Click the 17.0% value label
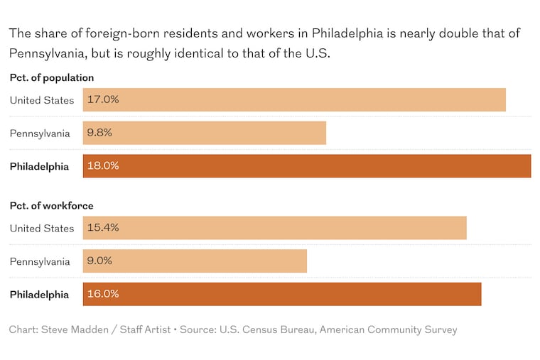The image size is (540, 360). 103,99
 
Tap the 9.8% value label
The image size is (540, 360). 100,133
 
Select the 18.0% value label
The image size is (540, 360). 103,166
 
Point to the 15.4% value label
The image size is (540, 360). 103,228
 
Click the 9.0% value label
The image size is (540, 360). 100,261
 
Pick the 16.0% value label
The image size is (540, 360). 103,294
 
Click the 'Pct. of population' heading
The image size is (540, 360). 52,78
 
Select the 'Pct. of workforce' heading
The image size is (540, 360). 51,206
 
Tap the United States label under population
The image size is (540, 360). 42,100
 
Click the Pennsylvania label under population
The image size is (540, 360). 40,133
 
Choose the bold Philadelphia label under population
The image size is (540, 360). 39,167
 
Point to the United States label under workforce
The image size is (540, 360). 42,228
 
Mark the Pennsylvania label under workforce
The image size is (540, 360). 40,261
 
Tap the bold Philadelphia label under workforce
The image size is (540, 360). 39,295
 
